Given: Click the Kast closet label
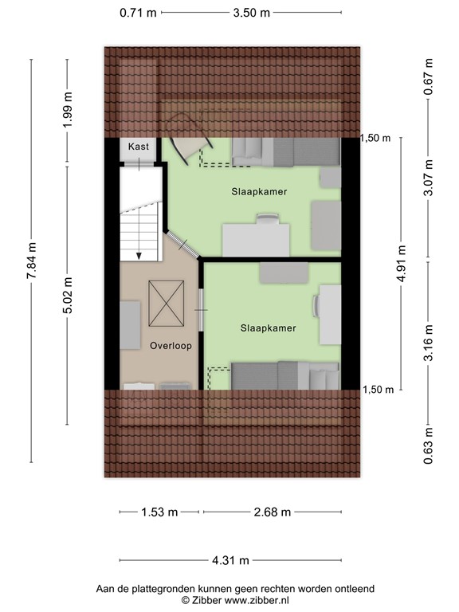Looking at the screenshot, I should pyautogui.click(x=139, y=147).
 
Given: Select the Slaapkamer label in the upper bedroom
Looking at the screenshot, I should pyautogui.click(x=259, y=192).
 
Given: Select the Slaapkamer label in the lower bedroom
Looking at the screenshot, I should pyautogui.click(x=269, y=328).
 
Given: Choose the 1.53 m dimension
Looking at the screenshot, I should pyautogui.click(x=159, y=512).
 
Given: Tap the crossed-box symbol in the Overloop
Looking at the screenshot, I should pyautogui.click(x=167, y=304).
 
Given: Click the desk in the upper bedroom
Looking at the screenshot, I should pyautogui.click(x=256, y=239).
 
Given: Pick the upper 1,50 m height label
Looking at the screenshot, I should pyautogui.click(x=377, y=138).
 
